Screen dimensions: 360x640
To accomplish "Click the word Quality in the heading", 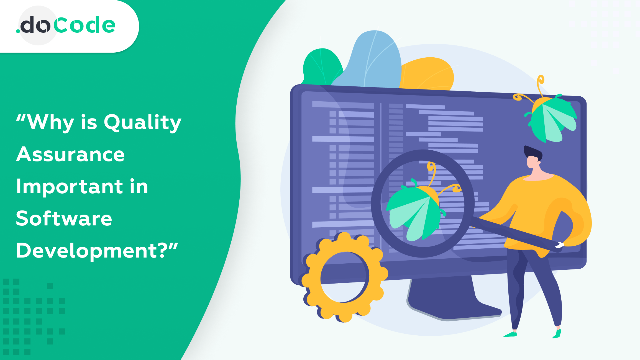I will click(142, 122).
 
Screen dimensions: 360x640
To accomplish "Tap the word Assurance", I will click(70, 155).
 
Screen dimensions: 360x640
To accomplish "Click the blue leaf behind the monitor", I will click(374, 61).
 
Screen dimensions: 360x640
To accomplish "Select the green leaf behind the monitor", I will click(321, 66).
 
